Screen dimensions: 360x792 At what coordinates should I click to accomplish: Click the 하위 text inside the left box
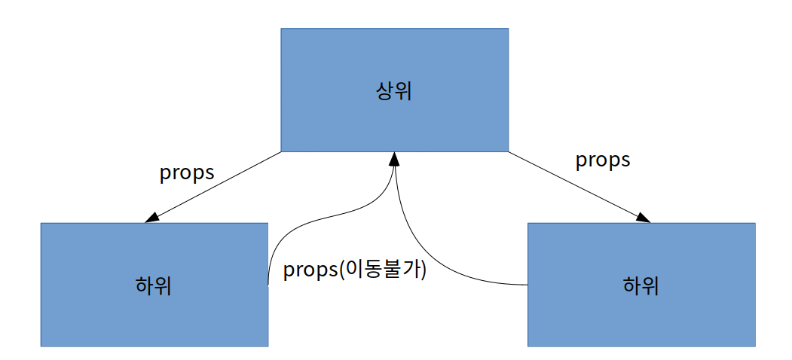coord(154,286)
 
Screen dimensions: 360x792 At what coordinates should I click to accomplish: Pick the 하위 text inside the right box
coord(641,286)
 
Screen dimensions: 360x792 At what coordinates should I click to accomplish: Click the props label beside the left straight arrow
coord(187,172)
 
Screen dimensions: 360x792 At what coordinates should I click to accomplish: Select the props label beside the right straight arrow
coord(603,160)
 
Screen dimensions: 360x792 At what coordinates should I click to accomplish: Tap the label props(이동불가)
coord(355,270)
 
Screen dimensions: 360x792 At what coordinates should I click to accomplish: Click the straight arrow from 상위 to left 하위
coord(219,185)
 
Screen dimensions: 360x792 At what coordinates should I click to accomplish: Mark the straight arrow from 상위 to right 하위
coord(573,185)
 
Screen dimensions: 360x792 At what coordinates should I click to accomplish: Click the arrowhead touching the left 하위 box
coord(151,217)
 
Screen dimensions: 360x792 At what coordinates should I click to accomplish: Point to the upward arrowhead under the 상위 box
coord(393,158)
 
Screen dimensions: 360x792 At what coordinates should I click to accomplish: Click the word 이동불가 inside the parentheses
coord(382,270)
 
